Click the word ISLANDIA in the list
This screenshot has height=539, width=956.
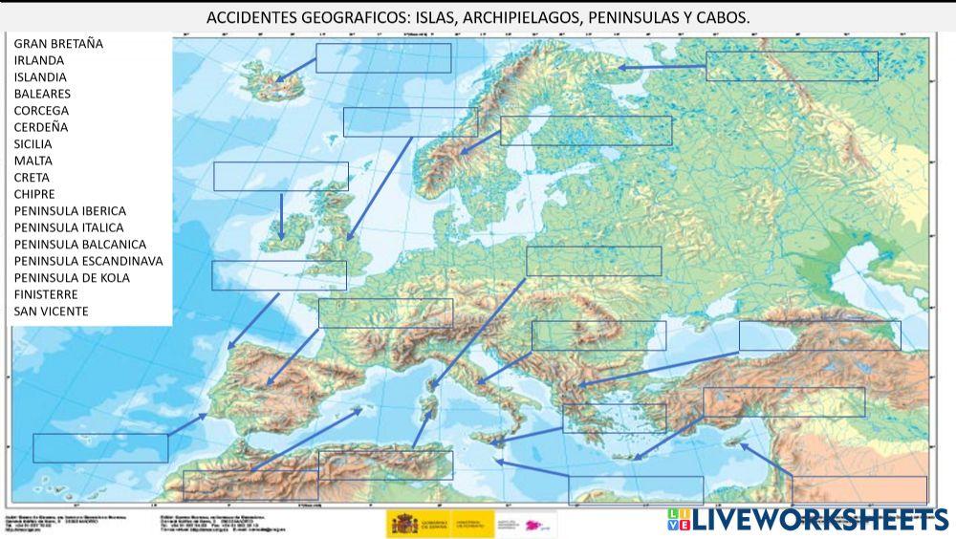point(40,76)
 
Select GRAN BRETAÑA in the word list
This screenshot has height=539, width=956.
point(58,43)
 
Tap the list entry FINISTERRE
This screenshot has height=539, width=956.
point(46,294)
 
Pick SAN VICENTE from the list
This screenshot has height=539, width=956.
point(51,312)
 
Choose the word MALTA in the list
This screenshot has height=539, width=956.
point(33,161)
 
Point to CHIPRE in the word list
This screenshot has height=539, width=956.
point(34,194)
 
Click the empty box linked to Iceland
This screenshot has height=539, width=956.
point(383,57)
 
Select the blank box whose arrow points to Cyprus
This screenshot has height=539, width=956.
point(858,489)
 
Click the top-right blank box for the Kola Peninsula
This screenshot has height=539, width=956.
point(792,66)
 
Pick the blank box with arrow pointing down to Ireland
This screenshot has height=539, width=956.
point(280,177)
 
